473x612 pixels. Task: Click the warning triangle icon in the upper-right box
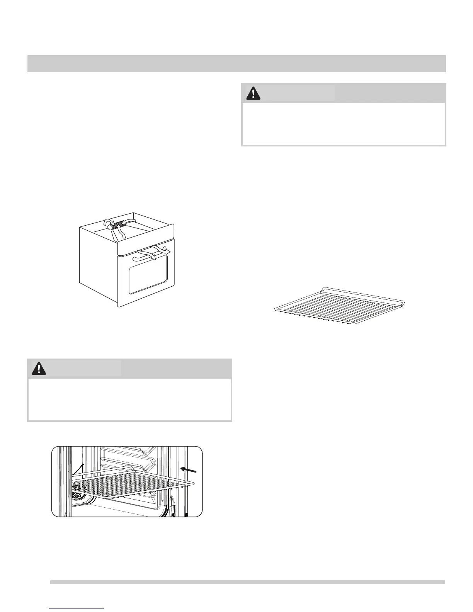[253, 93]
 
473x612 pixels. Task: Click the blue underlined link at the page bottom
[77, 609]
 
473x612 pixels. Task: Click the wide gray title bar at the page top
[236, 64]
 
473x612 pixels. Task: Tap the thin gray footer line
[247, 582]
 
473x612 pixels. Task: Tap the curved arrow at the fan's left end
[108, 222]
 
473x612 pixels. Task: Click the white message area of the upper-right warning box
[344, 124]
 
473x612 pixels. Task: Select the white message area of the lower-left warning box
[129, 399]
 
